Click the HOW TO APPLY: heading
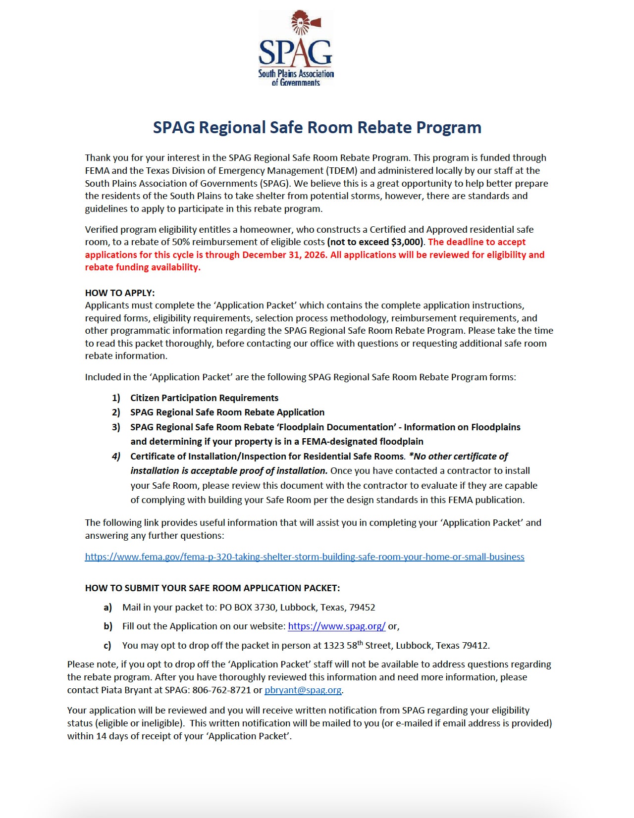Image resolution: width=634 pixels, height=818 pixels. coord(120,293)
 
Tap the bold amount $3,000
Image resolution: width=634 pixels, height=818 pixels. coord(406,242)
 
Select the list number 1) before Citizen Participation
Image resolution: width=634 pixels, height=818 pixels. coord(116,398)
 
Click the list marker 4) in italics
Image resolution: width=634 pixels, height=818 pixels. coord(116,456)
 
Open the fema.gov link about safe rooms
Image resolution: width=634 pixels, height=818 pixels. coord(304,557)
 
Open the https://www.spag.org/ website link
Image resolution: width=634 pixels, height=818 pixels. coord(336,626)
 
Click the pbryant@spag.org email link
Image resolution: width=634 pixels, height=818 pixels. coord(303,690)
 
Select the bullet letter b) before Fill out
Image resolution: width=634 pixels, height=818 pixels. coord(107,626)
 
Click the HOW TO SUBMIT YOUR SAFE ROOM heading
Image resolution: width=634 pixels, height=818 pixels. coord(212,588)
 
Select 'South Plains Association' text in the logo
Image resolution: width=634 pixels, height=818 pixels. coord(296,73)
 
